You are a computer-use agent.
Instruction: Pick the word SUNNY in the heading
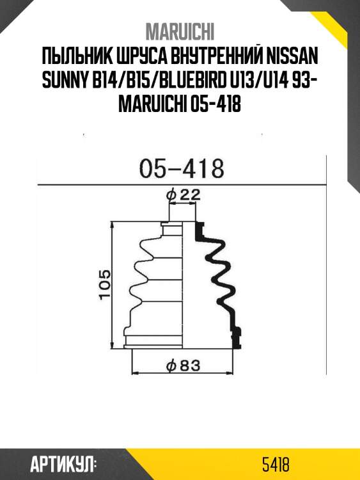(x=63, y=80)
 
